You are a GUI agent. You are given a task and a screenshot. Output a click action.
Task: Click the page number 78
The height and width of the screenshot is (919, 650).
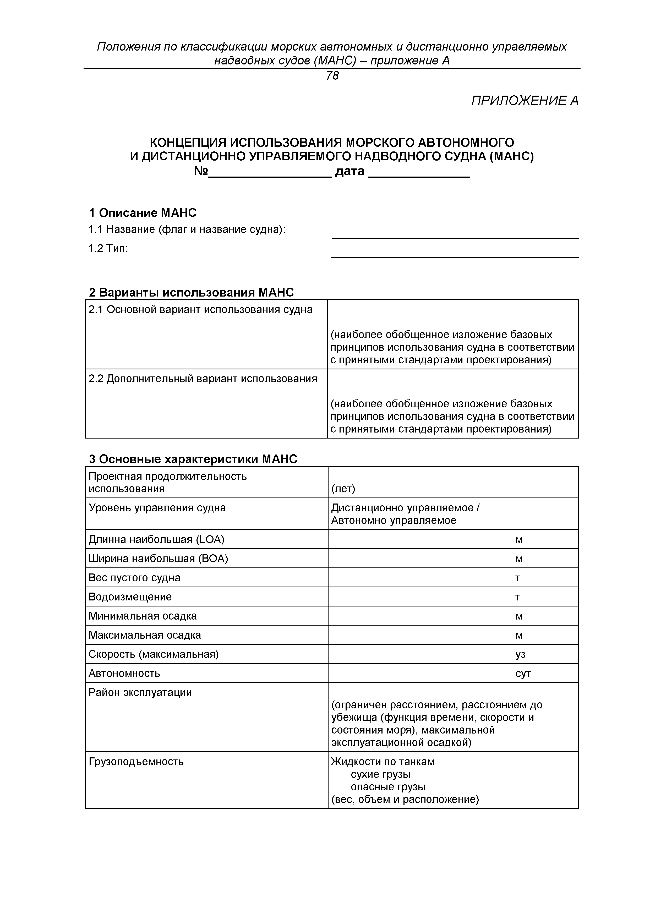pos(332,76)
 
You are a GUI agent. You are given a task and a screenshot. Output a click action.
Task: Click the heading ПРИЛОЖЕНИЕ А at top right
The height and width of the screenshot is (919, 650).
pos(524,101)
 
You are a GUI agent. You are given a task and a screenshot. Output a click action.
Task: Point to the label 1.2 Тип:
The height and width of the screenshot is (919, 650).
pos(108,249)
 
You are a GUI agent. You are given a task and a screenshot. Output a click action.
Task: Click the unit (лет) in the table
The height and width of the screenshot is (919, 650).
pos(343,489)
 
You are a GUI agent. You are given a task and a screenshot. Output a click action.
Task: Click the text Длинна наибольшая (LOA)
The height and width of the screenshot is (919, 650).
pos(156,540)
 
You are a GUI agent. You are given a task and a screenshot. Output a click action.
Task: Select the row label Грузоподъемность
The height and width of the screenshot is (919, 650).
pos(136,762)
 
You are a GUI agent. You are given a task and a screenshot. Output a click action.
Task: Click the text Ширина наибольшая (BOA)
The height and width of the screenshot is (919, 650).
pos(158,559)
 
